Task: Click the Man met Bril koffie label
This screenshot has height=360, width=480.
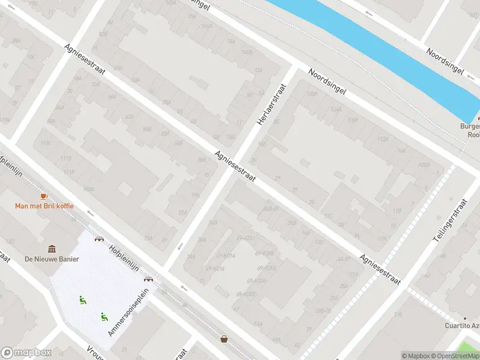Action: tap(44, 206)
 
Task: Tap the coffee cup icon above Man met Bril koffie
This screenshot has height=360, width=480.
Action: tap(44, 196)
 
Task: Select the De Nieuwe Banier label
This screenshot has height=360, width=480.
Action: tap(52, 259)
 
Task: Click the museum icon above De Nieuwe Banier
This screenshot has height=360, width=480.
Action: tap(52, 248)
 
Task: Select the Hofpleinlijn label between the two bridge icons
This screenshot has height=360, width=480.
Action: tap(124, 259)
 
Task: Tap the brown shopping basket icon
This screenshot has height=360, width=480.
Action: tap(224, 339)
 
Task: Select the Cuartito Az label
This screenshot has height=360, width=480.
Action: tap(461, 326)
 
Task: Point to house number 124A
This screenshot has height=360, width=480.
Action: tap(335, 109)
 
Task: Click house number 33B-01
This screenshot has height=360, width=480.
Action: tap(323, 310)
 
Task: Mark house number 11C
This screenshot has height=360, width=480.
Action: tap(328, 215)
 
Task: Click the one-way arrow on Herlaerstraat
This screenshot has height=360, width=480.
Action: tap(181, 246)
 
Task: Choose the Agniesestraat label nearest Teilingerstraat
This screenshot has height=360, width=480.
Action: tap(380, 269)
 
